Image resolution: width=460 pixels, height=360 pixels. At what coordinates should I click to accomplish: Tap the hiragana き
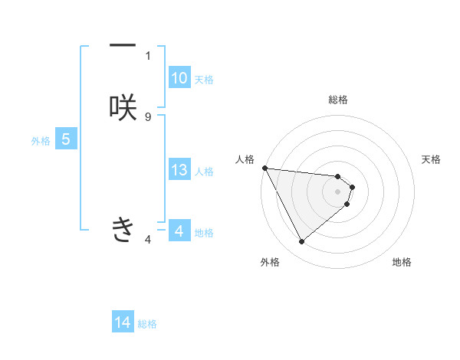point(123,228)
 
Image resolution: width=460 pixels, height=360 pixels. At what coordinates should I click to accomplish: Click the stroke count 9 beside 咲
point(148,116)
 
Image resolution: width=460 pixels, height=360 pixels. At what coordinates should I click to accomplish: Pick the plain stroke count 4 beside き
point(148,240)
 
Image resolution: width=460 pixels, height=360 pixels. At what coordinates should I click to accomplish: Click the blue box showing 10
point(179,78)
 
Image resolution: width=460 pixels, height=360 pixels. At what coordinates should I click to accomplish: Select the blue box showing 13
point(179,170)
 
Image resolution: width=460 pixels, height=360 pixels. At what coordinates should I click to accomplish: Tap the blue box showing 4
point(179,231)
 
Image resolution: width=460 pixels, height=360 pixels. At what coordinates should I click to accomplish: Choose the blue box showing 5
point(66,139)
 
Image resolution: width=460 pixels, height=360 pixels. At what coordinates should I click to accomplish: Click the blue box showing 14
point(123,323)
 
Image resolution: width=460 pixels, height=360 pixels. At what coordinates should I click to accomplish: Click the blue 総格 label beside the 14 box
point(148,324)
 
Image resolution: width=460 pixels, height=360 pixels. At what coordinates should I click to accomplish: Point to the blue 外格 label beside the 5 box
point(41,141)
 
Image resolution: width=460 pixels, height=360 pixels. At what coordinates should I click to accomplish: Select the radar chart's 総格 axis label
point(338,100)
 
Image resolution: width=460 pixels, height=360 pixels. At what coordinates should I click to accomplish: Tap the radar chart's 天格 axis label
point(432,159)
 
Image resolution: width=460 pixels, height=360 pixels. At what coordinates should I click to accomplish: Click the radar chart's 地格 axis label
point(402,263)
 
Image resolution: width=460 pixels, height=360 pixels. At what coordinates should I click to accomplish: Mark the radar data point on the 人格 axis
point(264,168)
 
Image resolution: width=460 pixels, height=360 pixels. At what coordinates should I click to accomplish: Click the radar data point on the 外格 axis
point(301,242)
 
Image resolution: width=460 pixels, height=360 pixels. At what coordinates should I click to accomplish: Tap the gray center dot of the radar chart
point(338,191)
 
